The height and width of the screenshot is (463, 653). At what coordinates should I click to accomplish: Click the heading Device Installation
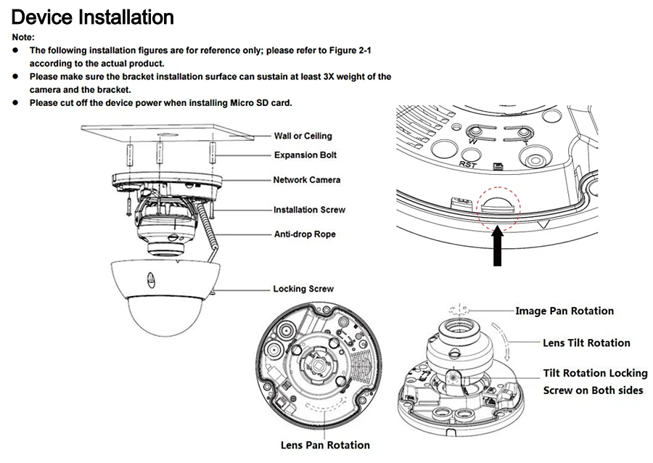tap(92, 17)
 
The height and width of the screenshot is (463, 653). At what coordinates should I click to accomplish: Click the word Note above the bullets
tap(23, 37)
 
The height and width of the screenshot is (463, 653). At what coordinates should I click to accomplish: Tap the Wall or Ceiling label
tap(303, 136)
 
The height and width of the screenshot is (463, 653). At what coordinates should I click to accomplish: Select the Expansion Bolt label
tap(305, 155)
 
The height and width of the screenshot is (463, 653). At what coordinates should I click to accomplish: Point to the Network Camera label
tap(306, 180)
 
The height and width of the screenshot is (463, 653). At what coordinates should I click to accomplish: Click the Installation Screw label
tap(309, 210)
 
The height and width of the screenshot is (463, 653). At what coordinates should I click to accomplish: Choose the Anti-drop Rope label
tap(305, 234)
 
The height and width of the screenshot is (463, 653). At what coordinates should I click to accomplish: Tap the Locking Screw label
tap(303, 289)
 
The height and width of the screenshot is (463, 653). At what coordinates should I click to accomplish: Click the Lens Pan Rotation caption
tap(325, 445)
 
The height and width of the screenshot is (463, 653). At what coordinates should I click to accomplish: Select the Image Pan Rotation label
tap(564, 311)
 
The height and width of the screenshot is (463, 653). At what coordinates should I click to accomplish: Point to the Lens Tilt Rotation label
tap(586, 343)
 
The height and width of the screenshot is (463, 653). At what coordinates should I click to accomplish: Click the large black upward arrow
tap(498, 247)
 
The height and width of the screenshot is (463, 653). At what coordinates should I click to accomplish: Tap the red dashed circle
tap(499, 187)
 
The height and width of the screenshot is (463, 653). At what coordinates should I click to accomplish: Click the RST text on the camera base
tap(467, 165)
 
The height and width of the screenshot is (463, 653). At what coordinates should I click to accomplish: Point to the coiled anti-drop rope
tap(208, 227)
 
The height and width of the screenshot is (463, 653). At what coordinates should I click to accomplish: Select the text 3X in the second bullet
tap(329, 77)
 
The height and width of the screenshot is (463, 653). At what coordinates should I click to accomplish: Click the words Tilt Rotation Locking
tap(595, 374)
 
